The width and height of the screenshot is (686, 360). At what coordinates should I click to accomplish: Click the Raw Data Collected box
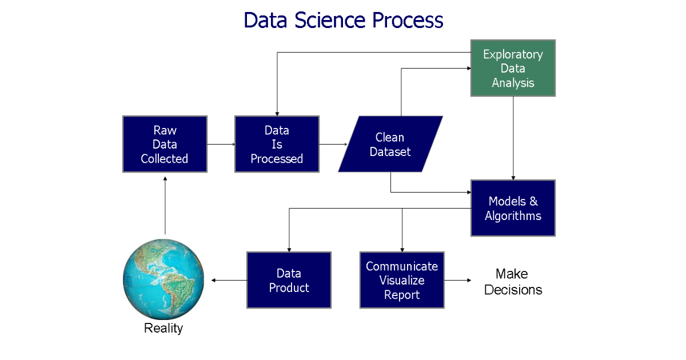165,144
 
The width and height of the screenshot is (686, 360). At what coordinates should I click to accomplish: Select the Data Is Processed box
277,144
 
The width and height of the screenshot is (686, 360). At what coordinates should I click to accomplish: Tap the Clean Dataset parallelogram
390,144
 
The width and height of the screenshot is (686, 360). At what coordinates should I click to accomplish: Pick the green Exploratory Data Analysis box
513,68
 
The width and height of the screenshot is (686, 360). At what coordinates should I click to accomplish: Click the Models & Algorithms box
513,208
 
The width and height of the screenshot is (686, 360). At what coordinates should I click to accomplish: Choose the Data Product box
289,280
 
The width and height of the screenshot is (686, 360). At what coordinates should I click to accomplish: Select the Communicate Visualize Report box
402,280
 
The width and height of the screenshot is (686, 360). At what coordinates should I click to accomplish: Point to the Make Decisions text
513,282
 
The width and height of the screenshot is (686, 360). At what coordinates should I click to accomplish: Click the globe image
163,279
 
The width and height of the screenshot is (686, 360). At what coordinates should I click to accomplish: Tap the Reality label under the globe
163,329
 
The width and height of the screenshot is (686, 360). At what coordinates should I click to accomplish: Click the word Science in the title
330,20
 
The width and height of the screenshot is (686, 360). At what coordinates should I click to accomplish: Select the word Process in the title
408,20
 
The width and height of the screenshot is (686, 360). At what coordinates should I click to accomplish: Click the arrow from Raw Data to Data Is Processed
221,144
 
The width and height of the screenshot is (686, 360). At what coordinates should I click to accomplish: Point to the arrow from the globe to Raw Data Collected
165,205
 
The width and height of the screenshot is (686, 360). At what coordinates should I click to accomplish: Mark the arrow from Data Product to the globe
229,280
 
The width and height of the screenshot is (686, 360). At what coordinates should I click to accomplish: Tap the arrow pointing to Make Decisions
458,280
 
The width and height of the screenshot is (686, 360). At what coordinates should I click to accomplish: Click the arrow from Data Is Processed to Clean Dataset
333,144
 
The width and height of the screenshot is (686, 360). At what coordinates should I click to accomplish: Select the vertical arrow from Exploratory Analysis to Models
513,138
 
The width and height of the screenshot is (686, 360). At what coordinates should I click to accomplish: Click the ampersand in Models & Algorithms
533,201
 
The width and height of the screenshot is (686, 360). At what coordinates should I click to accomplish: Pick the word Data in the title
265,20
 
